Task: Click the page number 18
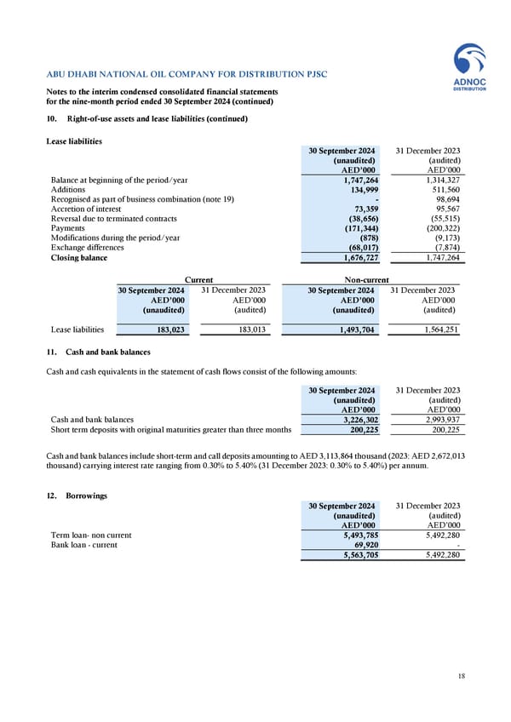461,676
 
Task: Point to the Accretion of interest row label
86,209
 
